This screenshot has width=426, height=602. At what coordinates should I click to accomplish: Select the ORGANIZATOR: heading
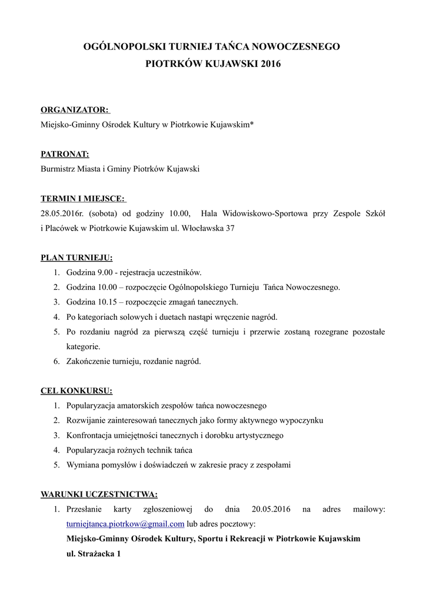(75, 109)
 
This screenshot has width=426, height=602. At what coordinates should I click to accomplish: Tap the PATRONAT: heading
(65, 154)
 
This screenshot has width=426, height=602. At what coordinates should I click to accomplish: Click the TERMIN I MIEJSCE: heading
(82, 199)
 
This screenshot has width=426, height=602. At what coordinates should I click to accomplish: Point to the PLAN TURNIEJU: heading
(76, 257)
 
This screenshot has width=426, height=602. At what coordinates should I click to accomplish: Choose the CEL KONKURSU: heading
(76, 390)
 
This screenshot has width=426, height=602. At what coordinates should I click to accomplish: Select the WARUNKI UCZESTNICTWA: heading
(99, 494)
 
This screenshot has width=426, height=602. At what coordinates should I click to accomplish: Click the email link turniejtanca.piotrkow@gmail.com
(125, 524)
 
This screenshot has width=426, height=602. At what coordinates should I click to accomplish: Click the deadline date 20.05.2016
(271, 509)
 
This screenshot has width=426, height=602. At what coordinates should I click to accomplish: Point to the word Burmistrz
(58, 169)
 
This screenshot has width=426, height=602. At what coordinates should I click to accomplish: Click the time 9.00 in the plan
(104, 273)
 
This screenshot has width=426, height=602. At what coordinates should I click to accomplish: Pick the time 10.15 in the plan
(106, 302)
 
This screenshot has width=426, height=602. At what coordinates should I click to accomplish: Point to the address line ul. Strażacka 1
(94, 554)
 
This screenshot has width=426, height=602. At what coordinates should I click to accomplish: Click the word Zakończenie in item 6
(88, 362)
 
